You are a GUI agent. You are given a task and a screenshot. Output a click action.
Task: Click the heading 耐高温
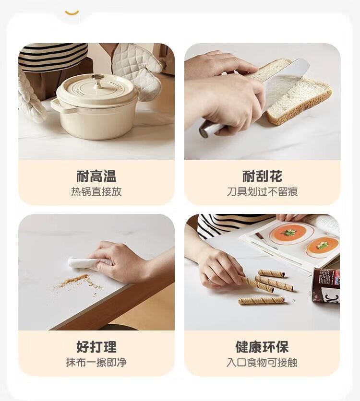[x=96, y=176]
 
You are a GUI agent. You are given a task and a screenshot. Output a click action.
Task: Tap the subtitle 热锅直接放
[x=96, y=191]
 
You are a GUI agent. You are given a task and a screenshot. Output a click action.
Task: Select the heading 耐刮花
[x=262, y=176]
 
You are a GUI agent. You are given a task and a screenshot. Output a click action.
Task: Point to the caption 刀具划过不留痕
[x=262, y=191]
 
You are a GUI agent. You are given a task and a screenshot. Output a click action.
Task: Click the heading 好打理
[x=96, y=347]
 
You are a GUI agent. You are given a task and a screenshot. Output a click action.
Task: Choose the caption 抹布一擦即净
[x=96, y=362]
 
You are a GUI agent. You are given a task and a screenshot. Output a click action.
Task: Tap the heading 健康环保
[x=262, y=347]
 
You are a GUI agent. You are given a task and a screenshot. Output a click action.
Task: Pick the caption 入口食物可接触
[x=262, y=362]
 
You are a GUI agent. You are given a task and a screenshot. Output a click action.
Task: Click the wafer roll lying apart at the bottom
[x=262, y=300]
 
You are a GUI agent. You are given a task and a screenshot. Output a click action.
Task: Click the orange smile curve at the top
[x=72, y=13]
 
